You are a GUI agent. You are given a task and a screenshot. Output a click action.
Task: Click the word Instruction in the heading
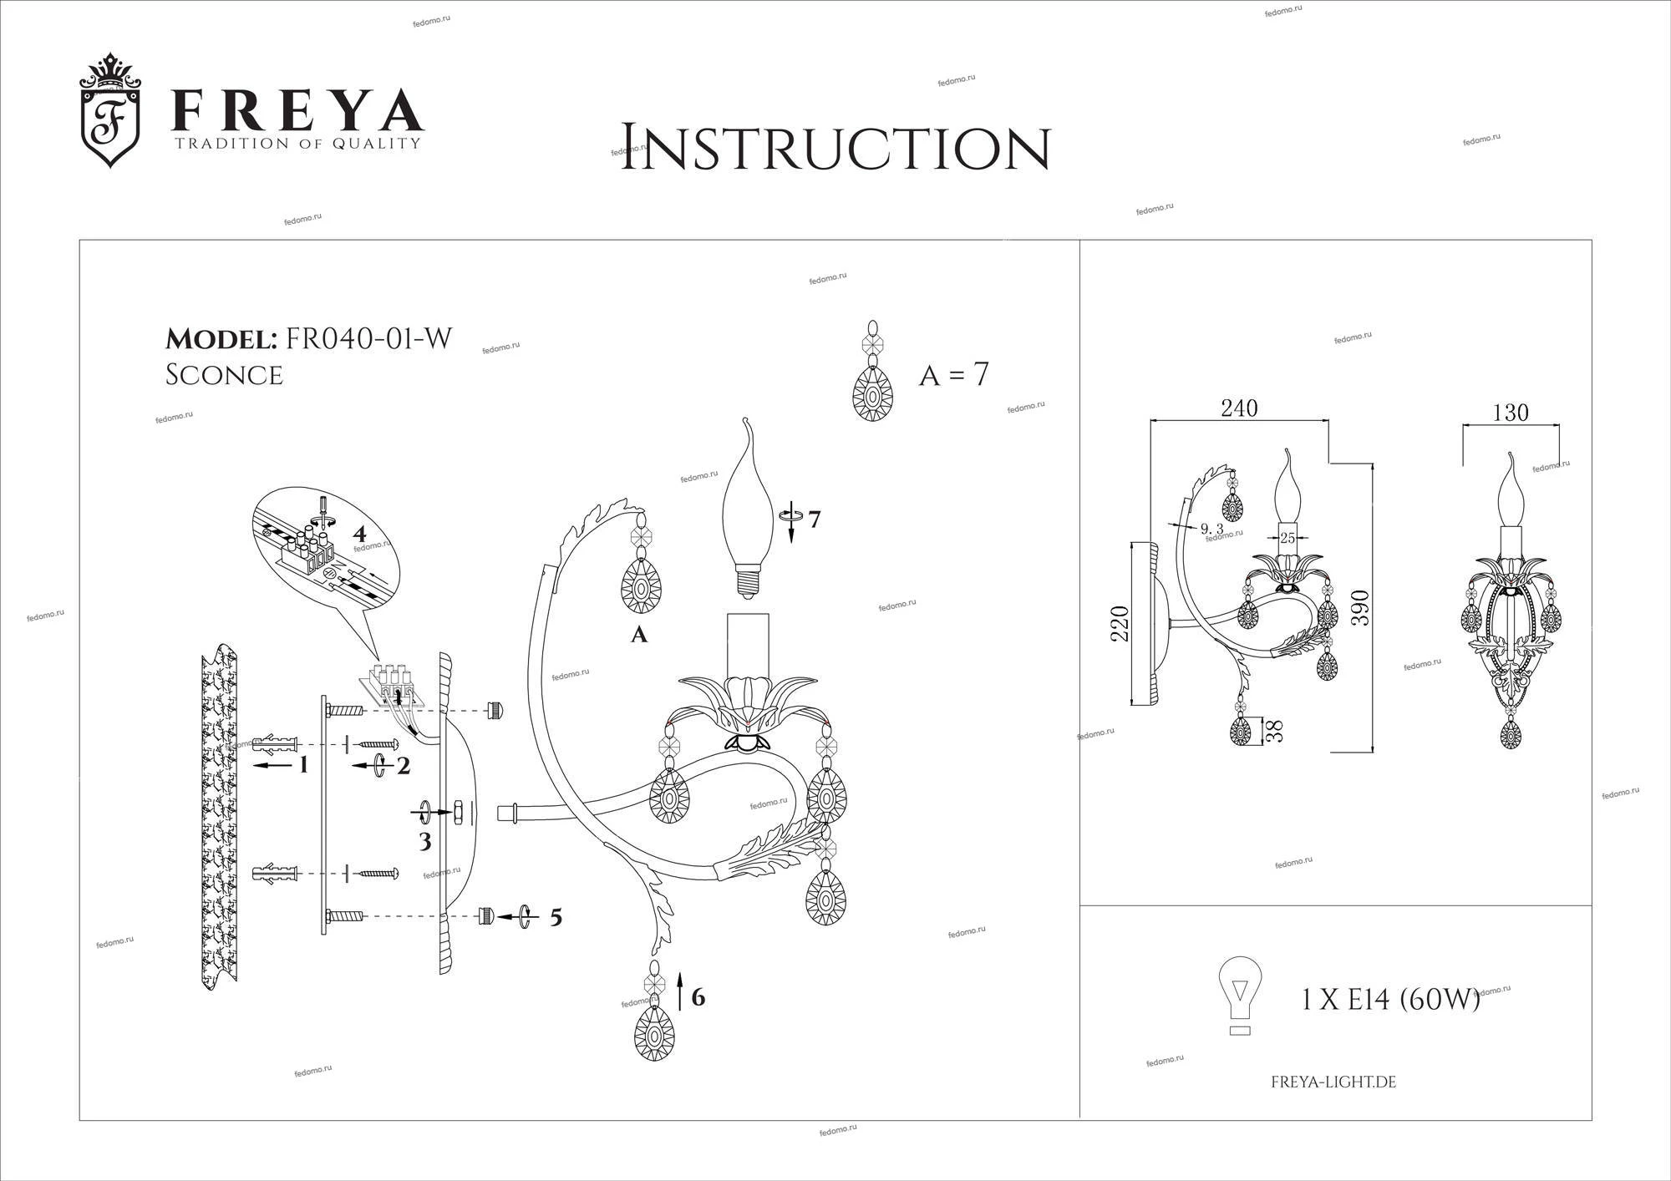835,149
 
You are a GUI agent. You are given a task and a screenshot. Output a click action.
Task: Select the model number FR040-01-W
368,338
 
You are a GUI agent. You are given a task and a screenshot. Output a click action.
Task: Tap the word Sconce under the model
224,375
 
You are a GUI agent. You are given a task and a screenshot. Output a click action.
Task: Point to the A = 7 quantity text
953,375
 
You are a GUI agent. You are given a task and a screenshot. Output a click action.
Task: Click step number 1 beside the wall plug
303,763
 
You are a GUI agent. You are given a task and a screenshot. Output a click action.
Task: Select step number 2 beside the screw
404,765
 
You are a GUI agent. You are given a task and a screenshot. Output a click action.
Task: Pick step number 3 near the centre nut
425,841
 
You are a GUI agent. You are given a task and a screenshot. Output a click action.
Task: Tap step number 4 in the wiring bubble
358,533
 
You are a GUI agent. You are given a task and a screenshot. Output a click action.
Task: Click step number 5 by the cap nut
555,918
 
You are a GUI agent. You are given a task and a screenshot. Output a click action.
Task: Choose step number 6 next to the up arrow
698,996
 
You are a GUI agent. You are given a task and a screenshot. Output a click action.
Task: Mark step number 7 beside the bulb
814,519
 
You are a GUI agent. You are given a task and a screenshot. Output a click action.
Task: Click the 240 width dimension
1239,408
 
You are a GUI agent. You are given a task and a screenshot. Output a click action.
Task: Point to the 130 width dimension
1510,413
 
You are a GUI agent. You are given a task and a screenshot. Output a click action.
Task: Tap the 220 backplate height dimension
1120,624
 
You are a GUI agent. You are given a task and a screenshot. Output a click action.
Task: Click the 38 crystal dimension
1274,732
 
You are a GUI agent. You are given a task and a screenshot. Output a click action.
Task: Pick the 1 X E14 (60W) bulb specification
1391,999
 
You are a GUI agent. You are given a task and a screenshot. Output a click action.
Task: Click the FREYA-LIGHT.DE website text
1333,1082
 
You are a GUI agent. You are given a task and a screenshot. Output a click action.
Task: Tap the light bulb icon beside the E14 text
1241,995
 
